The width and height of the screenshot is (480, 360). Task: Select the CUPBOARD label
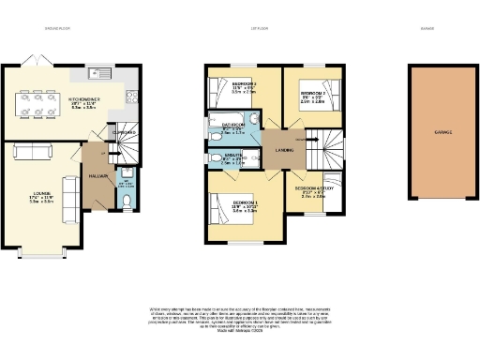(122, 132)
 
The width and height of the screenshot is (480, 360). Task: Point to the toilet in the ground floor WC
(127, 200)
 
